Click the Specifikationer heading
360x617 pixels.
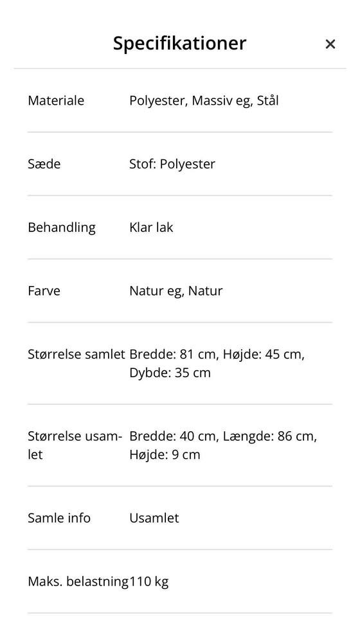click(x=179, y=43)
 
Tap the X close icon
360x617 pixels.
click(x=330, y=44)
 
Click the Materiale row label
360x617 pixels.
click(x=56, y=100)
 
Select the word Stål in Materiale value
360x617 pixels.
click(x=267, y=100)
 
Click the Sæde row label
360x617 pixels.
click(x=44, y=164)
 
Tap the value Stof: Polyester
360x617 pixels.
click(x=172, y=164)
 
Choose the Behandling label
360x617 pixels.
click(x=62, y=228)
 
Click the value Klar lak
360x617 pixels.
click(x=151, y=228)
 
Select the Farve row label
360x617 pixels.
click(x=44, y=291)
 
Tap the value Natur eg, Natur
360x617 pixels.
click(x=176, y=291)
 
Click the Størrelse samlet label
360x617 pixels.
click(x=76, y=354)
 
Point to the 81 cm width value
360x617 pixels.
click(x=197, y=354)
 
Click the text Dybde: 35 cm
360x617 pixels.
click(x=170, y=373)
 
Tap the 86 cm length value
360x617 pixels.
click(x=296, y=436)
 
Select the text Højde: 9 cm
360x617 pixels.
click(x=165, y=454)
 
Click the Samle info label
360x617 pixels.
click(x=59, y=518)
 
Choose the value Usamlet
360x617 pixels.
click(x=154, y=518)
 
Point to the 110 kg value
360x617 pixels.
click(x=149, y=582)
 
